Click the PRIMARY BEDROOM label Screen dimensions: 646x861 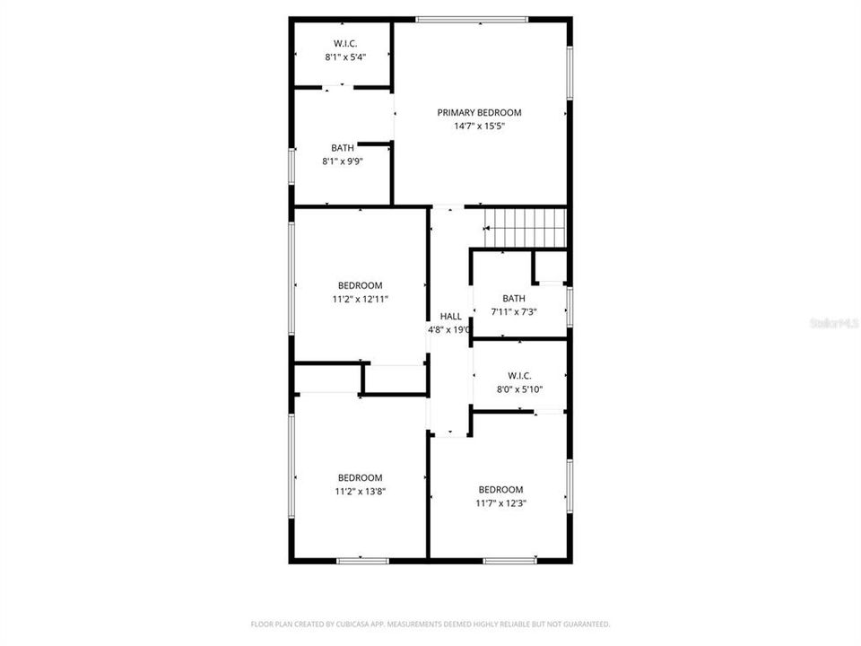(x=479, y=112)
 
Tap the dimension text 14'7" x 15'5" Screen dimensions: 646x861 (x=479, y=127)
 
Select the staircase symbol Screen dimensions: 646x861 (x=526, y=226)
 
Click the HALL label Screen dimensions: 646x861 (x=450, y=316)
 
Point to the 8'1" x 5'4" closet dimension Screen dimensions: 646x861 (x=345, y=57)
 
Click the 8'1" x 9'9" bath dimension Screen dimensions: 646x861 (x=342, y=161)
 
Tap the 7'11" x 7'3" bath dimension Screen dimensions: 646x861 (x=514, y=311)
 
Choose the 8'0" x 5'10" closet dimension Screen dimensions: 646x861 (x=519, y=388)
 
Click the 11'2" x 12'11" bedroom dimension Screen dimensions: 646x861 (x=360, y=299)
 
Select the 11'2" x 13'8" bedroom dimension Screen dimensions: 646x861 (x=360, y=491)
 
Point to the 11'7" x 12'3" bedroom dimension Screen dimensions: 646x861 (x=500, y=503)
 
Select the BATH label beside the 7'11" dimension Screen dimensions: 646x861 (x=514, y=298)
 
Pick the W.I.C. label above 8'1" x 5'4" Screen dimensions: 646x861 (x=345, y=42)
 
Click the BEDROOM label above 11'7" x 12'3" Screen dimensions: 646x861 (x=500, y=489)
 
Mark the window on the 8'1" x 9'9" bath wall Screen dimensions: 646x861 (x=291, y=166)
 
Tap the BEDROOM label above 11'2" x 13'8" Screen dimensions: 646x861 (x=360, y=477)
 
